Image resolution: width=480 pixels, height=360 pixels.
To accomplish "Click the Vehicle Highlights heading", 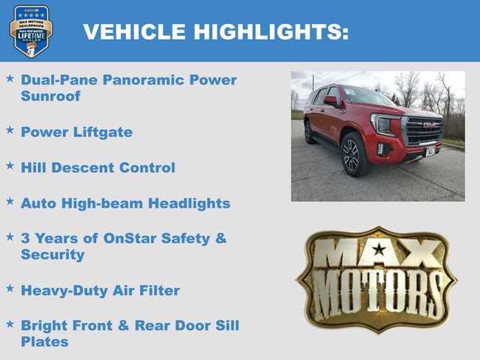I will coord(215,31).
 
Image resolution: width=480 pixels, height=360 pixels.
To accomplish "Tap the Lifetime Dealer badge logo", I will coord(31,31).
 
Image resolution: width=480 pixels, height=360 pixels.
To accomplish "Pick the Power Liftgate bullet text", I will coord(76,132).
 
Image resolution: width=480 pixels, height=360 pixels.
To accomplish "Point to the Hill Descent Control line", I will coord(97,167).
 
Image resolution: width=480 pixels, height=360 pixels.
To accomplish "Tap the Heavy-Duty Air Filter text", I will coord(100,290).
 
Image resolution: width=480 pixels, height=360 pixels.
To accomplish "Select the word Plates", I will coord(44,342).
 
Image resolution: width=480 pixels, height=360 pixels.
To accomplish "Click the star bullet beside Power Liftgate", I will coord(10,130).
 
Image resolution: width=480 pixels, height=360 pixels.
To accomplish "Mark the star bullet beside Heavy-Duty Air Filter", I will coord(10,288).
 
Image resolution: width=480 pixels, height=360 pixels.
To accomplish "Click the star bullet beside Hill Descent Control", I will coord(10,165).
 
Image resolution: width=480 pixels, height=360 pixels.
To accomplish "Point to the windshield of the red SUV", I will coord(365,97).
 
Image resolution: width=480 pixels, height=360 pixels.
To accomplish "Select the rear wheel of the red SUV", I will coord(310,133).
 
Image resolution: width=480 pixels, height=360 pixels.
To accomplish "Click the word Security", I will coord(52,255).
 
